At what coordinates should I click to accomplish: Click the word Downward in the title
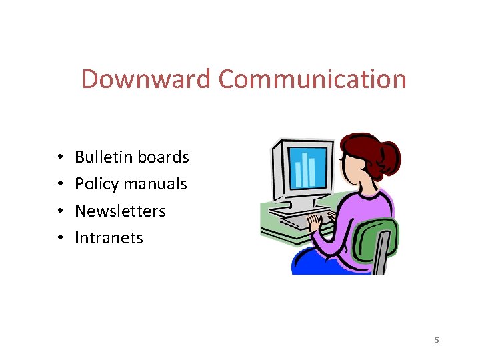[x=147, y=79]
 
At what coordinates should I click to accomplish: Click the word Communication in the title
[x=312, y=79]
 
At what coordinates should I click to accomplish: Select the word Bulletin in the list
[x=103, y=157]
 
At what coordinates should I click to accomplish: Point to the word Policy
[x=96, y=184]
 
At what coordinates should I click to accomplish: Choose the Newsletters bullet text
[x=120, y=211]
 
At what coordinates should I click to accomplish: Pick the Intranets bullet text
[x=109, y=238]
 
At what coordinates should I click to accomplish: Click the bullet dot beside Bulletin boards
[x=60, y=158]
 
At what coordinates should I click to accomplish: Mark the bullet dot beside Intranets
[x=60, y=239]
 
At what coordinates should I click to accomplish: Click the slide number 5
[x=437, y=341]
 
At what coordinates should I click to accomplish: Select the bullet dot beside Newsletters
[x=60, y=212]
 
